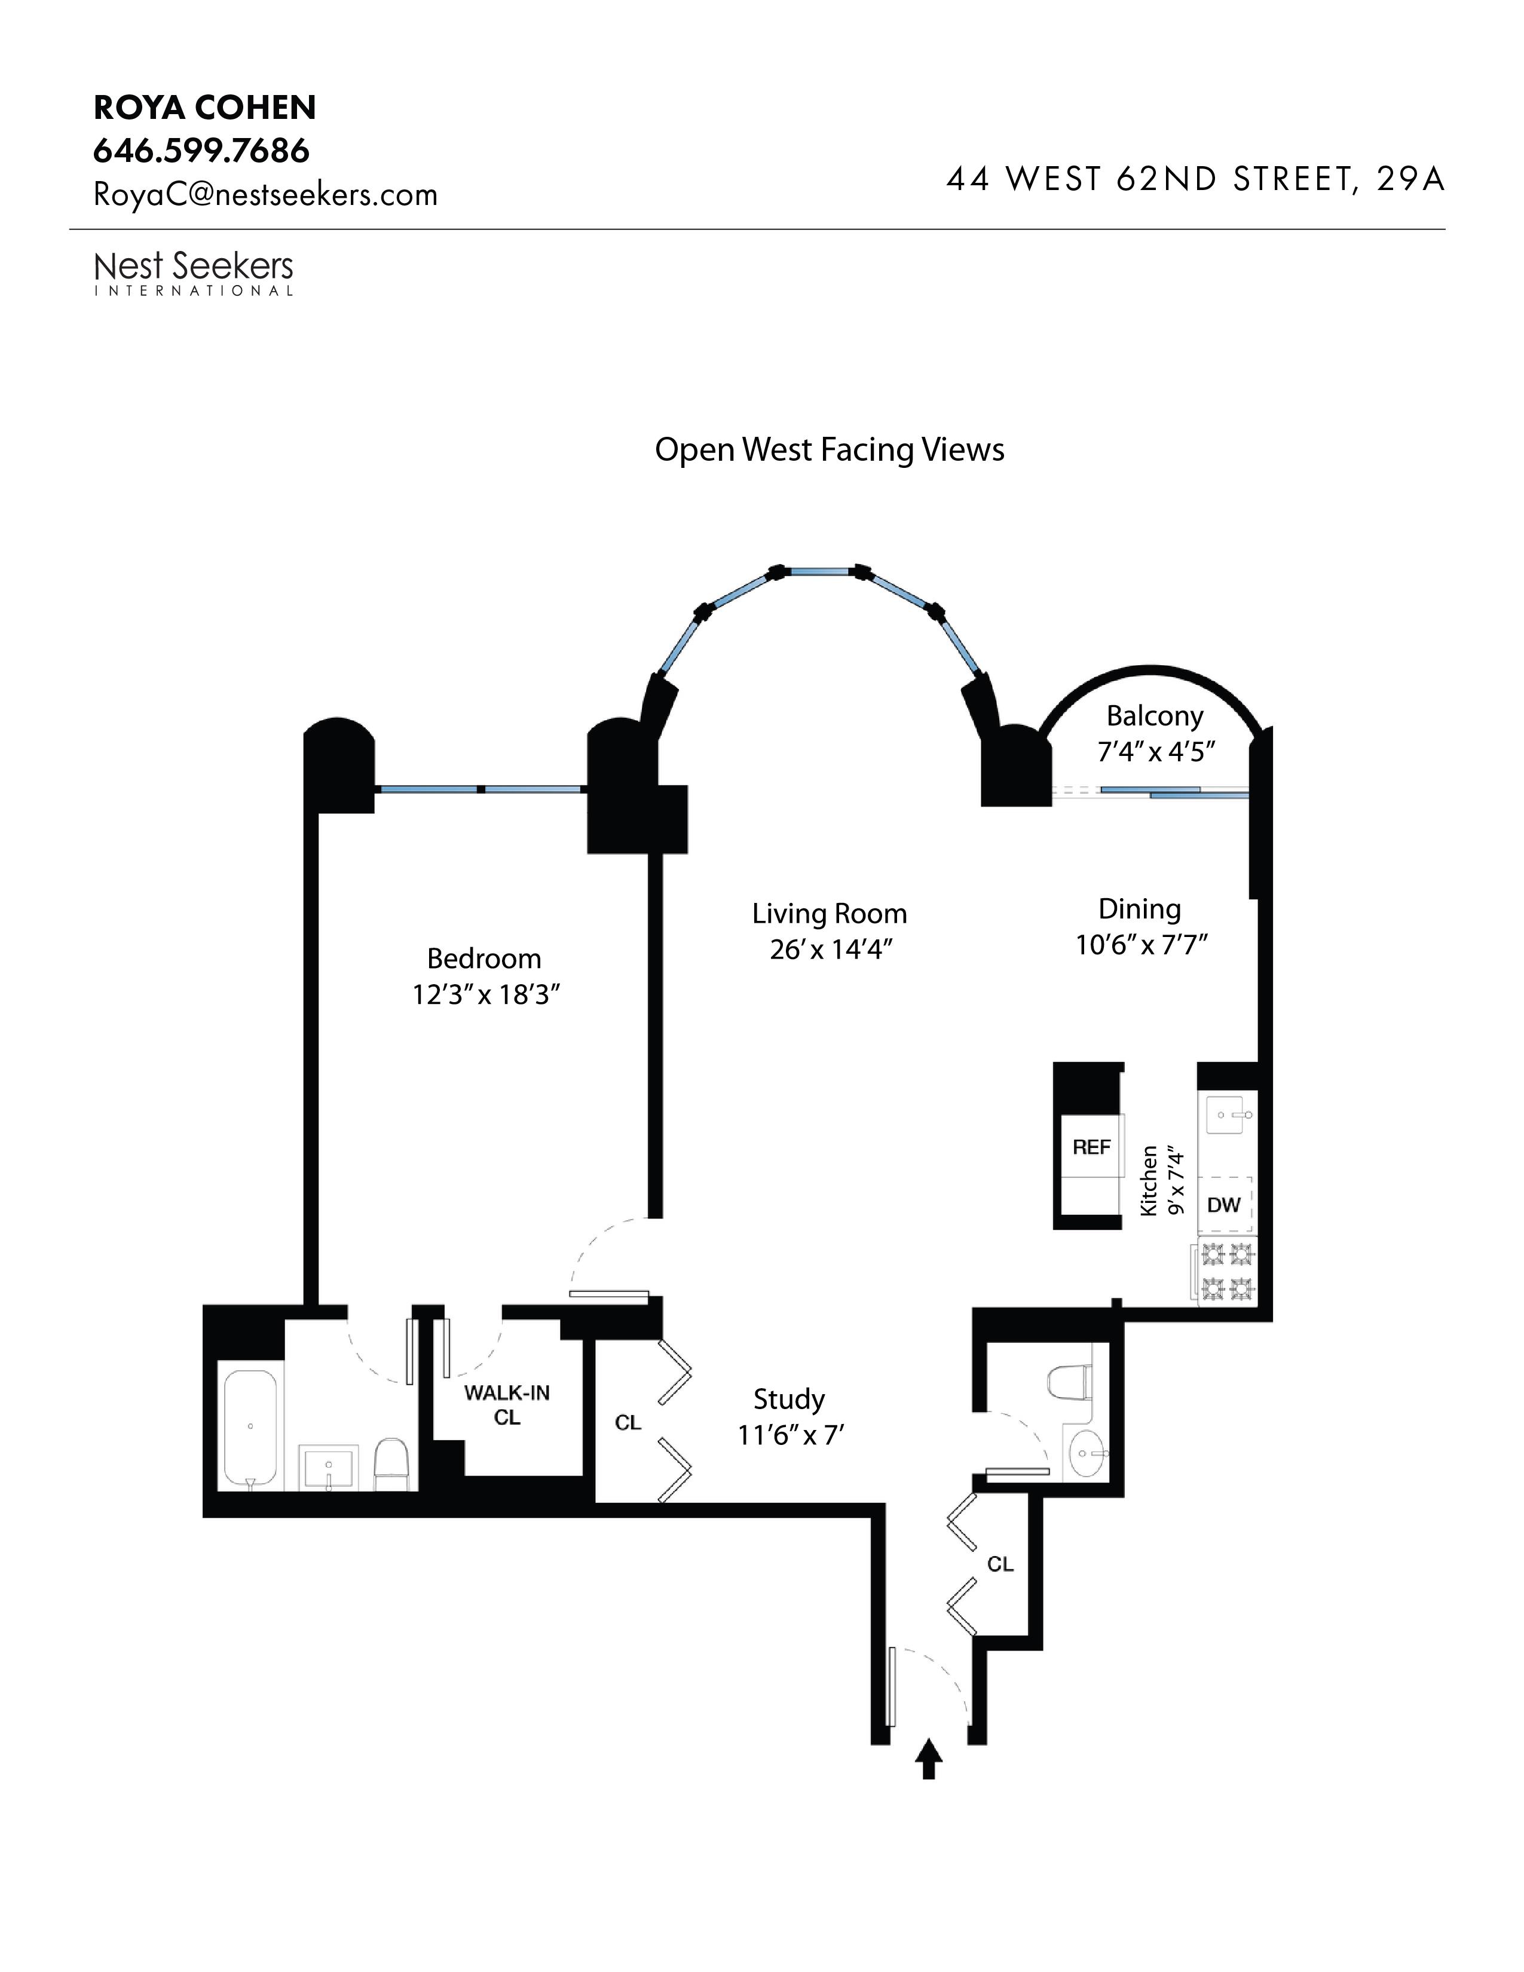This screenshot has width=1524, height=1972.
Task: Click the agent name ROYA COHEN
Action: [x=205, y=108]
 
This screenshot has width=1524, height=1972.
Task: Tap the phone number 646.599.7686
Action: [x=201, y=151]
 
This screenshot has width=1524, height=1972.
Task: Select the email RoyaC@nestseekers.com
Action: [x=265, y=195]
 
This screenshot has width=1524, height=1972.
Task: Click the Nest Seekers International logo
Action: [x=194, y=272]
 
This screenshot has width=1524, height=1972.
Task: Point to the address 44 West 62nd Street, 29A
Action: [x=1195, y=180]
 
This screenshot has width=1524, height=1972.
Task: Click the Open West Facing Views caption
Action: [x=829, y=449]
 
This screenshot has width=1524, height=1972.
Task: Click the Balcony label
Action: [x=1155, y=716]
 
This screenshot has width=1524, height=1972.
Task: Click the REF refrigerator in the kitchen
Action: [x=1091, y=1147]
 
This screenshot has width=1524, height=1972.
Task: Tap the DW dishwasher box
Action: [x=1224, y=1205]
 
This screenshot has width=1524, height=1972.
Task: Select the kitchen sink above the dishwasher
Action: [x=1228, y=1116]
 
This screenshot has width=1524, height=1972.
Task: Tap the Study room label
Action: [x=789, y=1399]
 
